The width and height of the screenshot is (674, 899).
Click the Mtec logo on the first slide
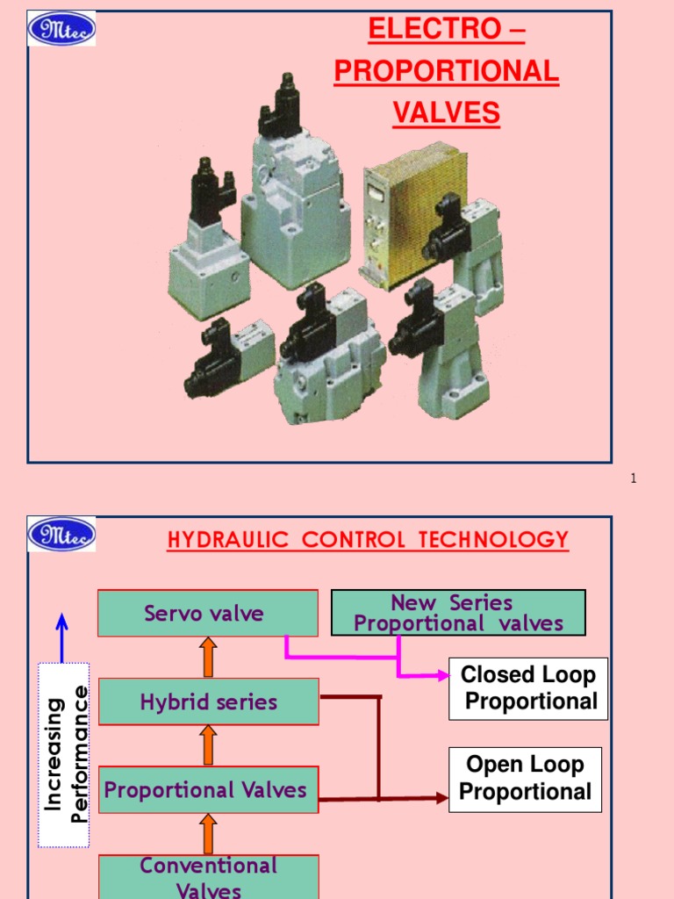62,29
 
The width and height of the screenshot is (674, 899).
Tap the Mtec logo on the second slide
62,535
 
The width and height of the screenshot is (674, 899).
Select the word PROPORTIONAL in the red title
446,71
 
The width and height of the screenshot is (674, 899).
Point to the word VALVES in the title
446,113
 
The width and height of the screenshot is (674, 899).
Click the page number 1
633,478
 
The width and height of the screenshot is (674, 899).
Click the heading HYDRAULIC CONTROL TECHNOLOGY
368,539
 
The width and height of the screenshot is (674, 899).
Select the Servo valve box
207,613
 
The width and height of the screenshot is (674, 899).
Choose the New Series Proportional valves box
458,613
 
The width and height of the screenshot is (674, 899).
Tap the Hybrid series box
208,701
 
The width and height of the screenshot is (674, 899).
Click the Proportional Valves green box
208,789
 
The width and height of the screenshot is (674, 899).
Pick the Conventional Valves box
208,876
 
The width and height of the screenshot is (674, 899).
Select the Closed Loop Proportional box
528,688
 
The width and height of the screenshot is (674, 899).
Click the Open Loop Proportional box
525,779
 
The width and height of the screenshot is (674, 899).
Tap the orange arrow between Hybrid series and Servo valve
208,657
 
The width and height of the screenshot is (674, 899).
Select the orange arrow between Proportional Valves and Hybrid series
208,744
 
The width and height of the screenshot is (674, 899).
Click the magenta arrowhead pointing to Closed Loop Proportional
441,675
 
